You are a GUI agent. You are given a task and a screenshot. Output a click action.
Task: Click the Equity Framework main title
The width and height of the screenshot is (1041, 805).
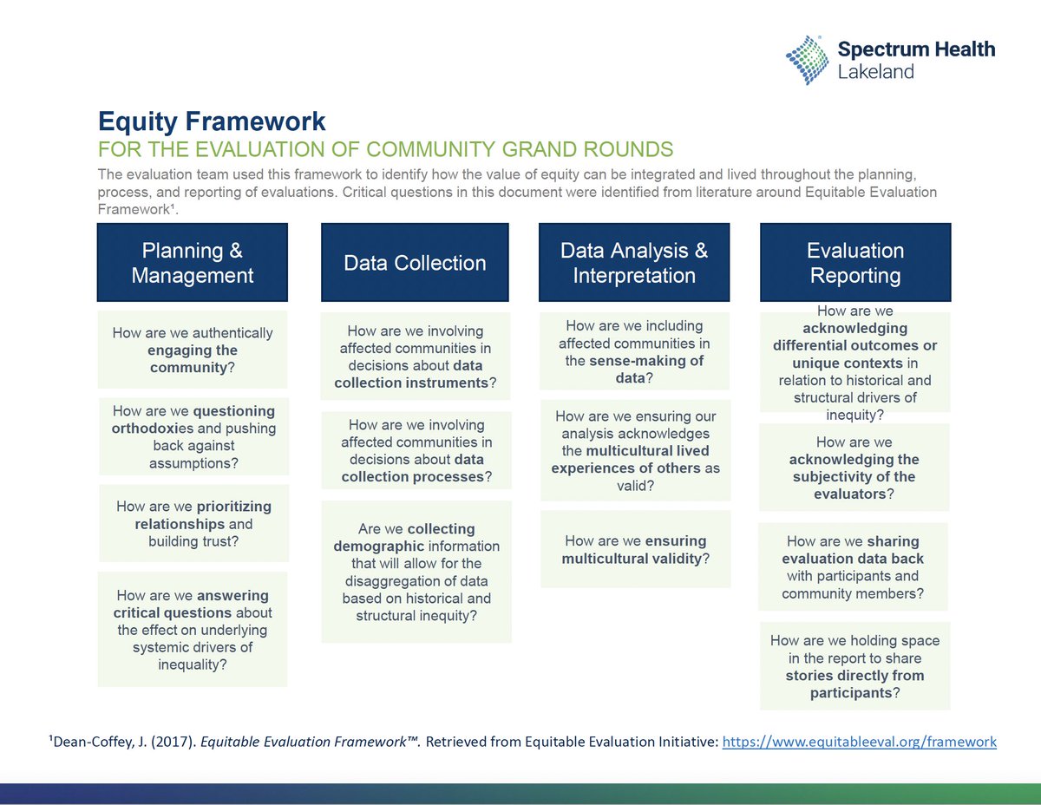tap(212, 121)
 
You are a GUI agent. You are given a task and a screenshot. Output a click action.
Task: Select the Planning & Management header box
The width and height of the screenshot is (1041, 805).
tap(192, 263)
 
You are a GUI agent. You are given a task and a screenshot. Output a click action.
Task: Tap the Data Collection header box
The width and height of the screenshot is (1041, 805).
tap(416, 263)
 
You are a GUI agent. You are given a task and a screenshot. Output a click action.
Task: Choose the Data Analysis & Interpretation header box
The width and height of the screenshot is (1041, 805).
tap(634, 263)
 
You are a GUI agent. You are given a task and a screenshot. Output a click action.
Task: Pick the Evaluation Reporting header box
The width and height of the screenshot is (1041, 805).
tap(855, 263)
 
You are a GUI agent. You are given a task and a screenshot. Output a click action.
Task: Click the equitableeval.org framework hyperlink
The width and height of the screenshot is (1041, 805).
tap(859, 743)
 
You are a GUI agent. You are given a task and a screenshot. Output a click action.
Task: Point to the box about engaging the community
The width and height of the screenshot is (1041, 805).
tap(192, 350)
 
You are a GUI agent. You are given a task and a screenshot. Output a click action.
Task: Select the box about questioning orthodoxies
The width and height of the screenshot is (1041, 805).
tap(193, 437)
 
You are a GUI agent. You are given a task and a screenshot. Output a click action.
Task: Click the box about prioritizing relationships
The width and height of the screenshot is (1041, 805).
tap(193, 524)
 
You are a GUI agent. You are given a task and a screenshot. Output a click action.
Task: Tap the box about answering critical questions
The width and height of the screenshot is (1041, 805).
tap(192, 630)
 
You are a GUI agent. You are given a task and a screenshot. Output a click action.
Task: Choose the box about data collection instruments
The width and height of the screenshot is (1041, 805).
tap(416, 357)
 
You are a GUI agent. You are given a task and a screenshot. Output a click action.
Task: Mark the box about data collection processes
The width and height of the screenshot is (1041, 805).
tap(416, 450)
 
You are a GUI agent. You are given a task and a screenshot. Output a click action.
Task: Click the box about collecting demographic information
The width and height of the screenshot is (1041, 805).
tap(416, 572)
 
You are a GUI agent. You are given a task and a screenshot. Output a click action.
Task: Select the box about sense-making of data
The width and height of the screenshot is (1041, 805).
tap(634, 351)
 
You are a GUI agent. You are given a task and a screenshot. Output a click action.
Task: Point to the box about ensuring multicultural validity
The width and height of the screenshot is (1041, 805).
tap(635, 549)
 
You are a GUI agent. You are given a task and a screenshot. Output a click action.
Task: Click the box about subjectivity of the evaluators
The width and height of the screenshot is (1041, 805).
tap(854, 468)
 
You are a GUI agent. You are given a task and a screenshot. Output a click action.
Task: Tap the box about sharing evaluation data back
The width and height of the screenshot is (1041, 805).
tap(853, 566)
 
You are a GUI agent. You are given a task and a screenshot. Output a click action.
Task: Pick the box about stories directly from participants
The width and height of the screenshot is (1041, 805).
tap(854, 666)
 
